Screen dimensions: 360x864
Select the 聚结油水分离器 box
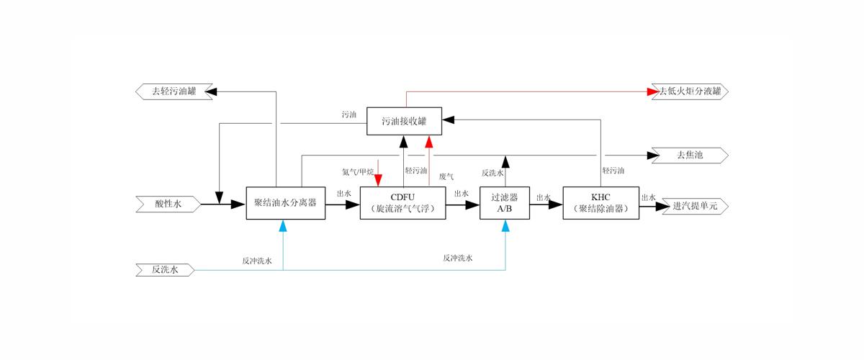click(x=285, y=204)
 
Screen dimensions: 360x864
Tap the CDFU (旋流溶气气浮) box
click(x=402, y=204)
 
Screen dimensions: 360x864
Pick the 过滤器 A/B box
click(x=504, y=204)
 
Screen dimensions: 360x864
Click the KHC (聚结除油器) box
click(x=600, y=204)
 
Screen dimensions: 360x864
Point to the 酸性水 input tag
click(x=168, y=205)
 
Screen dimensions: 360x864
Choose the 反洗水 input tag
click(x=165, y=270)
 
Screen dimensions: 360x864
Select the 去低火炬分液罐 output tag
click(x=690, y=91)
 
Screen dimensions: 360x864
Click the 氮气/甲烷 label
click(x=358, y=172)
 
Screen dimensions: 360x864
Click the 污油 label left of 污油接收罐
click(x=349, y=114)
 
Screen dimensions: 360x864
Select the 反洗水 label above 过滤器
click(x=492, y=173)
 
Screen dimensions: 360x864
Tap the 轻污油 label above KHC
click(x=613, y=171)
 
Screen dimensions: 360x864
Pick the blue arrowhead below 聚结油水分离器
click(x=284, y=226)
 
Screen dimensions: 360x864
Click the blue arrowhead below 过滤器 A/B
click(x=505, y=226)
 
